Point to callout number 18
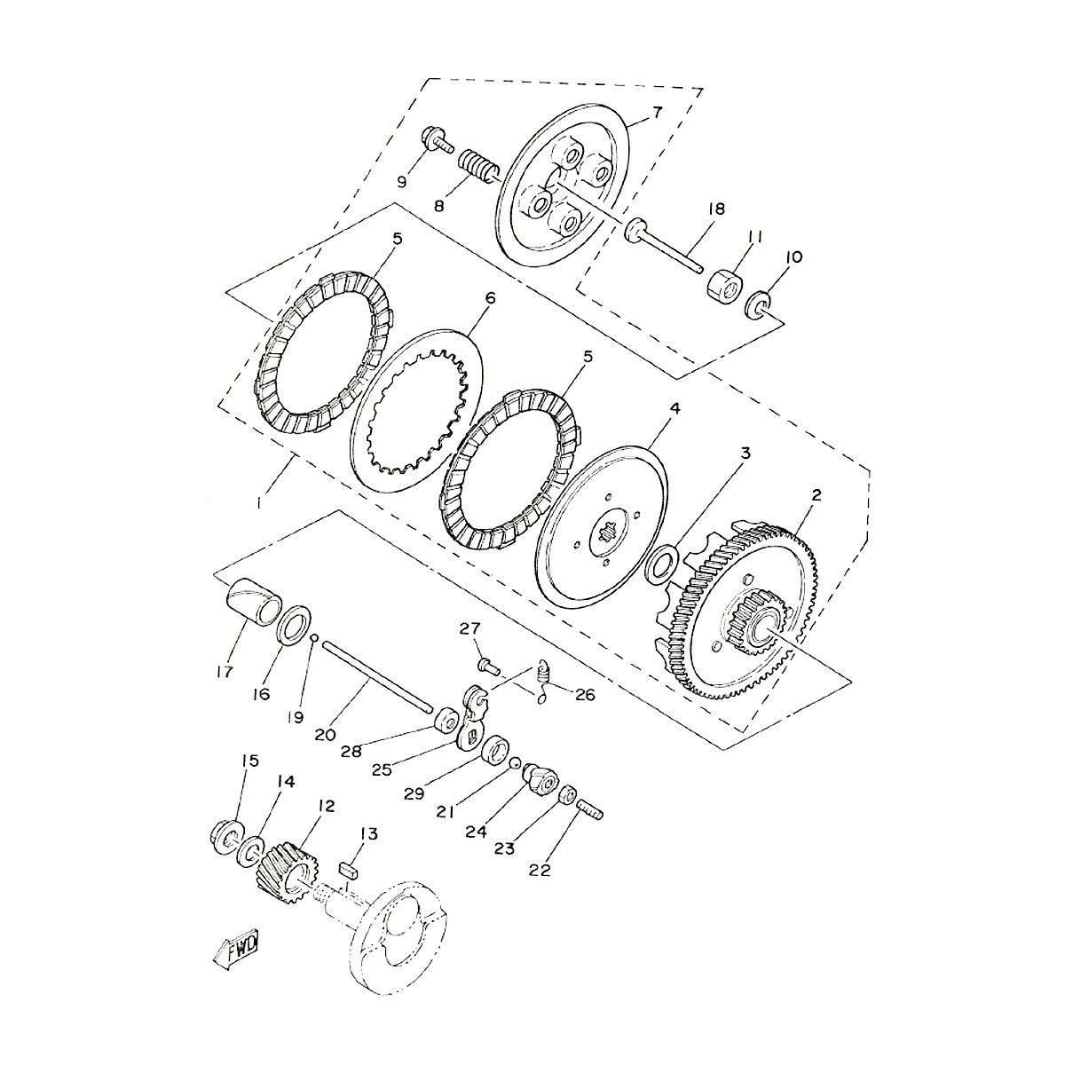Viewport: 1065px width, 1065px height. [716, 209]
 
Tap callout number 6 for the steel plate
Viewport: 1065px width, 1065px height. [489, 300]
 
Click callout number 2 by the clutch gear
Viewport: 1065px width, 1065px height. [816, 496]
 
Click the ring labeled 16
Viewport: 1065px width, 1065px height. [295, 624]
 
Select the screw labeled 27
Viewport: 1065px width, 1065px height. [488, 663]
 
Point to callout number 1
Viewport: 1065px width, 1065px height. [258, 502]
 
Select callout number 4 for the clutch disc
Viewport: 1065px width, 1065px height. [675, 408]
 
